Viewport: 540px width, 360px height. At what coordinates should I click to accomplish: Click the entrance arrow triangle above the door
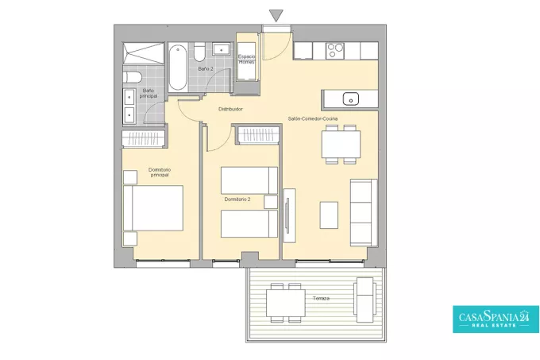(276, 15)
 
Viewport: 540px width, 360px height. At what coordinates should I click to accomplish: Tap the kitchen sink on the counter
(350, 99)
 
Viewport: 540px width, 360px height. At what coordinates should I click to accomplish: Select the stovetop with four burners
(335, 50)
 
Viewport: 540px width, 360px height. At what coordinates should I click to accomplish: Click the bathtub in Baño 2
(178, 68)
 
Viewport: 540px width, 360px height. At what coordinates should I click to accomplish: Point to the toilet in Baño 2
(199, 52)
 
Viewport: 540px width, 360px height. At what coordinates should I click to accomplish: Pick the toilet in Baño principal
(133, 77)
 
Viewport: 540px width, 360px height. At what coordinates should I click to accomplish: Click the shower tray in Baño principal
(144, 53)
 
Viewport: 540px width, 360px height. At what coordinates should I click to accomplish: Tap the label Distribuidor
(230, 109)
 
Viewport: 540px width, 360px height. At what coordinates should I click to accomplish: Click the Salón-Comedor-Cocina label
(313, 118)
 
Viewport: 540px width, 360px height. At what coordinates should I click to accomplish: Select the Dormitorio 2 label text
(237, 199)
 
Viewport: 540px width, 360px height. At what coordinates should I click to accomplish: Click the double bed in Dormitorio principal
(153, 208)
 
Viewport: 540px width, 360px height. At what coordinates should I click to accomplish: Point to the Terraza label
(321, 298)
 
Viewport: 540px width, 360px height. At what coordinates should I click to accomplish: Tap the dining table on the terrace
(286, 303)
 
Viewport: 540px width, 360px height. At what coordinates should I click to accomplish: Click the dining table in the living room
(341, 144)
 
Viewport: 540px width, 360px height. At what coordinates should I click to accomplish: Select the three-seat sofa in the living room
(364, 212)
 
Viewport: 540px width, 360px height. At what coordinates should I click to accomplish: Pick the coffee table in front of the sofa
(329, 215)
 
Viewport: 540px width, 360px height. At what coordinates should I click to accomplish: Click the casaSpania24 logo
(496, 319)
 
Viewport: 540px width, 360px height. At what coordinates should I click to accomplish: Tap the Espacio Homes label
(247, 60)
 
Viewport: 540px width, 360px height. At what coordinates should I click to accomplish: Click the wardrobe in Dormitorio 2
(256, 135)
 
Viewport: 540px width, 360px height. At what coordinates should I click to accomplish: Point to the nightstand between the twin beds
(271, 202)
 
